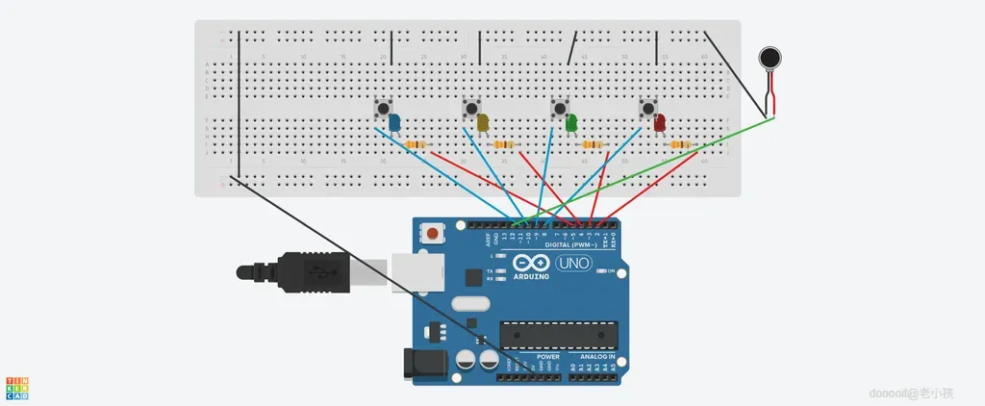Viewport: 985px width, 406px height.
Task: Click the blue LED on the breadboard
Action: coord(394,121)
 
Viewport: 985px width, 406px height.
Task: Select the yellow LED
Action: coord(483,122)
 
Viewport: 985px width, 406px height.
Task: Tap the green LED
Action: coord(571,122)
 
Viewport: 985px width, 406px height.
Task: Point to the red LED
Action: coord(660,122)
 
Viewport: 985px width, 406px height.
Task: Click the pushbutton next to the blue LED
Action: coord(382,108)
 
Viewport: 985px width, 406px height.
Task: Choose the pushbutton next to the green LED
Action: coord(559,108)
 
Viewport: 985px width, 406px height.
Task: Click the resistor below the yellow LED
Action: coord(505,144)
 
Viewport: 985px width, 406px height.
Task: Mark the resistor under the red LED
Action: coord(682,144)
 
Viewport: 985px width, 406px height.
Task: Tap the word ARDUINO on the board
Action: coord(531,277)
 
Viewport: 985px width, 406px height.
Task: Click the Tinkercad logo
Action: coord(17,388)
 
